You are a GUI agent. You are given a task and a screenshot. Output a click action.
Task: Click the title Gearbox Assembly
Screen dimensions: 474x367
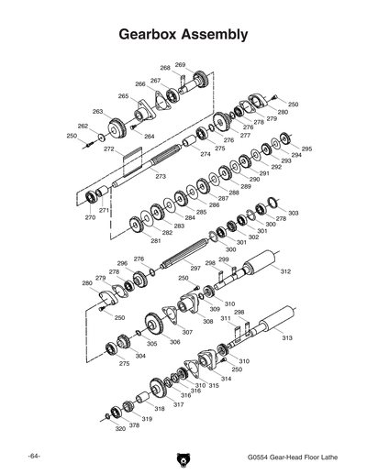[183, 35]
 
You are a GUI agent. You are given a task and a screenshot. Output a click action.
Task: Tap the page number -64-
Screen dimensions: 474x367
[34, 456]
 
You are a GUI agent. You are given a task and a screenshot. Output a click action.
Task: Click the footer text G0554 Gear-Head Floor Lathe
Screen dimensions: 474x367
[291, 457]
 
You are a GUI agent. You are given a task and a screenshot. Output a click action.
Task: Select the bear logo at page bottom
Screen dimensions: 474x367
[183, 457]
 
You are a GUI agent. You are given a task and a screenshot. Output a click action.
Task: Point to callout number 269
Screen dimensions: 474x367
[180, 65]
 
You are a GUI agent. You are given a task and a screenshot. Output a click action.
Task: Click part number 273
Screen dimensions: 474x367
[161, 175]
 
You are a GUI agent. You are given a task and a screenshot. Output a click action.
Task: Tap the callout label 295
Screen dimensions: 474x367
[306, 149]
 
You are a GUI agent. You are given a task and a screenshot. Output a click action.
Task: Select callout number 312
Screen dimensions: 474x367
[285, 271]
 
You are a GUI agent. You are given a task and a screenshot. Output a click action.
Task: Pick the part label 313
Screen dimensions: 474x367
[286, 338]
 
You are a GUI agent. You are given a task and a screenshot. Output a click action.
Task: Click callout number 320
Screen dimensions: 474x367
[120, 428]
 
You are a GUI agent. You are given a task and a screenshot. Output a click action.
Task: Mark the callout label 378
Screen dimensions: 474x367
[134, 425]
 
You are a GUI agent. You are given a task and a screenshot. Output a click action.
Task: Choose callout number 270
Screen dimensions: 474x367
[90, 217]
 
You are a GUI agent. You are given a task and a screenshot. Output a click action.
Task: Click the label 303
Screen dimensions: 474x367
[293, 213]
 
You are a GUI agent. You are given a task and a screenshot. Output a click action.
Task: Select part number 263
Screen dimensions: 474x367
[97, 112]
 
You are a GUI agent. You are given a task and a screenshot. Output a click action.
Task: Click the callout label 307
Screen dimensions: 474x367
[187, 332]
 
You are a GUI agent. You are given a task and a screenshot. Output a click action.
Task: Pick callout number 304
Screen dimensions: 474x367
[140, 355]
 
